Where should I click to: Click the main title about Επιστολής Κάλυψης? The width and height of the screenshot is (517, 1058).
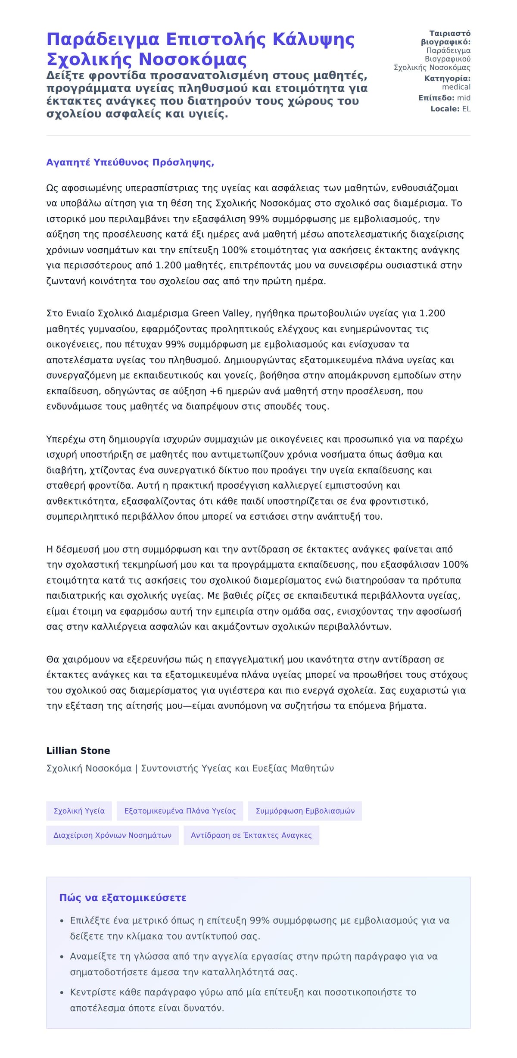pos(200,49)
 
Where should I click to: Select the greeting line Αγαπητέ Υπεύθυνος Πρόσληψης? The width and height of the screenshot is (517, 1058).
pos(130,162)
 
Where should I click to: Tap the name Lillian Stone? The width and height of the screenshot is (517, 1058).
pos(78,750)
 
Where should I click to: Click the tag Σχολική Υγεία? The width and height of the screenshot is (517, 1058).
pos(79,811)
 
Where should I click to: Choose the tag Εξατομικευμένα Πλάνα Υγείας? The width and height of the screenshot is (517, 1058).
pos(180,811)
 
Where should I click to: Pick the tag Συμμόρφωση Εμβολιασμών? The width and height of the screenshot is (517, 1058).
pos(305,811)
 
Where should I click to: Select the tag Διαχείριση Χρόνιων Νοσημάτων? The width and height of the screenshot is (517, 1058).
pos(112,835)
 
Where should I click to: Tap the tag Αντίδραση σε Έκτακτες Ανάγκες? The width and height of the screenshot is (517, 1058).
pos(251,835)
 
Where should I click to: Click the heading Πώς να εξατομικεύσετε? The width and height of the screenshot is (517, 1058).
pos(123,898)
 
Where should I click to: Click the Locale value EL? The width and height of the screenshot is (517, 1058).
pos(466,109)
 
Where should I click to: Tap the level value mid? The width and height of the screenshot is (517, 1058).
pos(464,98)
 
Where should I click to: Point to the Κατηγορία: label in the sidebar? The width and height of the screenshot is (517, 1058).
pos(447,78)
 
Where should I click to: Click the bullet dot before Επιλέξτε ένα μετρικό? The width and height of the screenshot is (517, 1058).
pos(62,921)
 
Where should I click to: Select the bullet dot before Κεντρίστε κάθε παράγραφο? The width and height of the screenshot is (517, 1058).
pos(62,993)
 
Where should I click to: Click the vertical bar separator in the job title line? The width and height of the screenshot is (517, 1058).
pos(137,768)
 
